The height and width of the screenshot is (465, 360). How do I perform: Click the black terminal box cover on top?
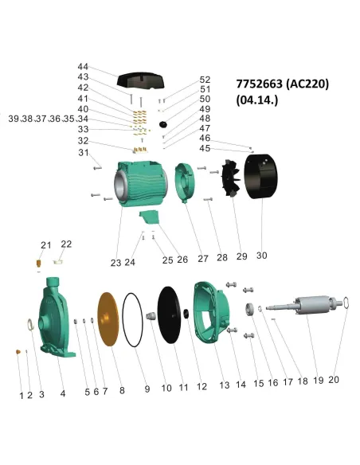[140, 80]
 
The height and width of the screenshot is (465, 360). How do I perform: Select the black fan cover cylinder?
[260, 177]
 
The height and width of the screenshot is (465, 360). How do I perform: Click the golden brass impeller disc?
[108, 318]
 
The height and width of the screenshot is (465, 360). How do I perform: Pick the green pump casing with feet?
[56, 318]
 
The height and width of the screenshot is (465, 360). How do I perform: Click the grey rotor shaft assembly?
[305, 306]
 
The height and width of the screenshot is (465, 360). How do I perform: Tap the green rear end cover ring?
[184, 182]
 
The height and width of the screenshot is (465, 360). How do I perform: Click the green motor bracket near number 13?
[211, 314]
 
